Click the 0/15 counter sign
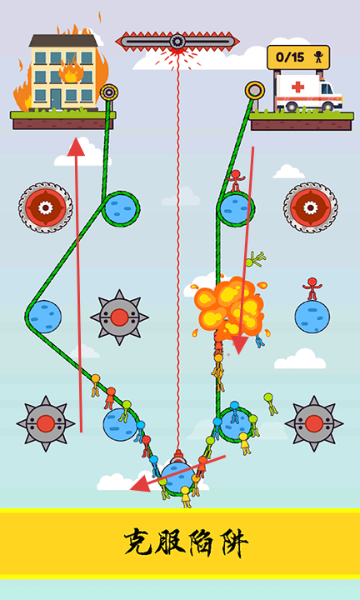[x=298, y=57]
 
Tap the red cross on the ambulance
[x=297, y=87]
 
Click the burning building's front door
[x=56, y=98]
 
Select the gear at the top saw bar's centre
[x=177, y=41]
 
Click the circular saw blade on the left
[x=45, y=207]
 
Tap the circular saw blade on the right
[x=310, y=207]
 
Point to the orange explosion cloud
[x=229, y=305]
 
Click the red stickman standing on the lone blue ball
[x=312, y=289]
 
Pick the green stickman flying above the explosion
[x=255, y=259]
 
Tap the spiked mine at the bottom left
[x=46, y=423]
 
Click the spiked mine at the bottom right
[x=314, y=423]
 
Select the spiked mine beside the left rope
[x=119, y=317]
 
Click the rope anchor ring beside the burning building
[x=109, y=92]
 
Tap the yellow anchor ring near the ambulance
[x=254, y=90]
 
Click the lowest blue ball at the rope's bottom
[x=177, y=478]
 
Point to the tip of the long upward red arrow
[x=76, y=138]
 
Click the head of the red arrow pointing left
[x=130, y=489]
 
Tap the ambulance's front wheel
[x=291, y=106]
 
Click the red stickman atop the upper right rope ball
[x=235, y=181]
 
